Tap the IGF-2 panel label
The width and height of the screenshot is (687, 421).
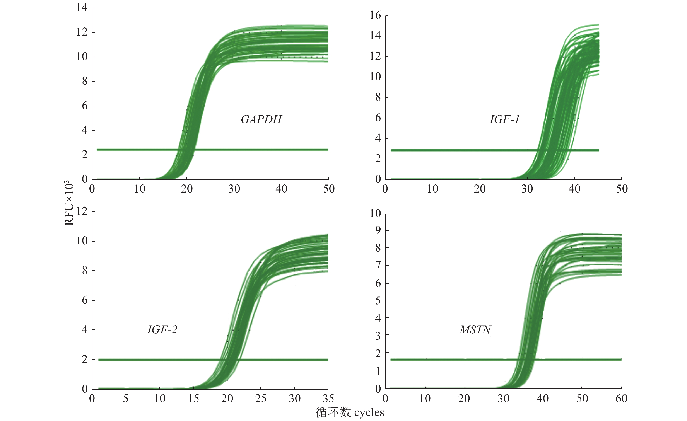[162, 330]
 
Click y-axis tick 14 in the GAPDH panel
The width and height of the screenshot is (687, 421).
[82, 8]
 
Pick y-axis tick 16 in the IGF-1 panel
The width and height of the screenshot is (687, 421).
[375, 15]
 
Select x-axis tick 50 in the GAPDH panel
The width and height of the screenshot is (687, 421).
[329, 189]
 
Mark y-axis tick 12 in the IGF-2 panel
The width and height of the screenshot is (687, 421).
[82, 211]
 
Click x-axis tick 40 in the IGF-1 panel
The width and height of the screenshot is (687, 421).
[574, 189]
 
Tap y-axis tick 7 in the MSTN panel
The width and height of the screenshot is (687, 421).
[378, 266]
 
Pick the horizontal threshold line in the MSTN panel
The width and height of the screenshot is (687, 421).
[446, 360]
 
